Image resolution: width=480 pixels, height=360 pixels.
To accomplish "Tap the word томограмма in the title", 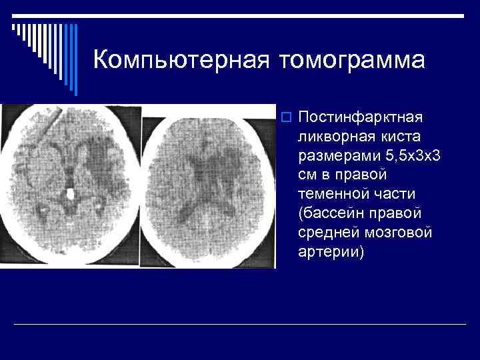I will (353, 60).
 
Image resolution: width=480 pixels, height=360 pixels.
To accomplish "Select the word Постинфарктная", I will (361, 117).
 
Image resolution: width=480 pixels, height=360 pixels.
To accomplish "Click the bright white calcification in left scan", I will (71, 195).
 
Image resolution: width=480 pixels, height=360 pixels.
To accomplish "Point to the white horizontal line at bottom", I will (240, 324).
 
